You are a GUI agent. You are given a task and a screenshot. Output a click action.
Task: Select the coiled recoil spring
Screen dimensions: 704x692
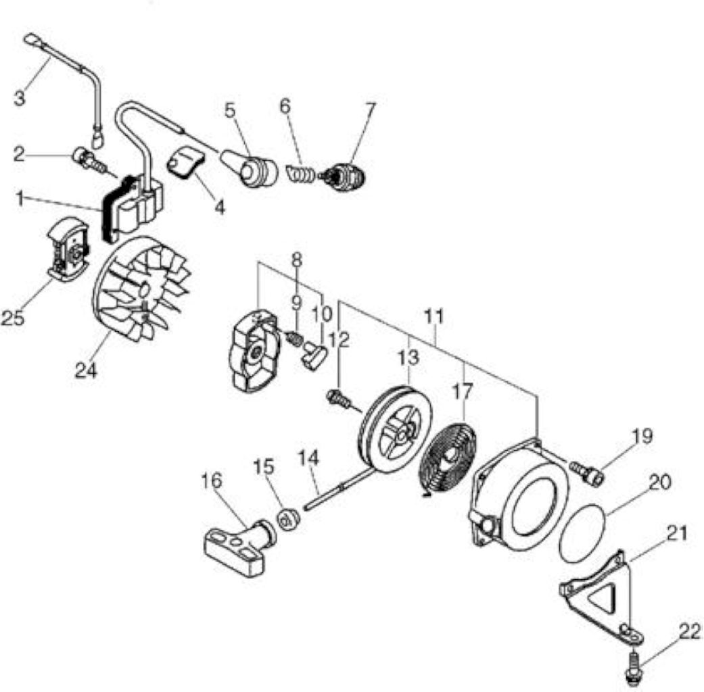[x=448, y=458]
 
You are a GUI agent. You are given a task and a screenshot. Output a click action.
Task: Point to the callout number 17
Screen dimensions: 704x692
[x=463, y=392]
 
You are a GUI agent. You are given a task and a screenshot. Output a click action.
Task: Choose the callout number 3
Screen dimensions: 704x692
[x=20, y=98]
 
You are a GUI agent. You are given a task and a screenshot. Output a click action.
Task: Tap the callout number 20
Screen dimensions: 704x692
[x=660, y=482]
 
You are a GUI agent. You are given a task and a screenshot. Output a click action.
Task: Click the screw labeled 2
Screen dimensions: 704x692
[x=90, y=162]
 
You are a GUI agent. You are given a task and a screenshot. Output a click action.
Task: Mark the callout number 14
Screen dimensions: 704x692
[x=309, y=458]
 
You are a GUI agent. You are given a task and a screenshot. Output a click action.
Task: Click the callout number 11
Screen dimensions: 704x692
[x=433, y=316]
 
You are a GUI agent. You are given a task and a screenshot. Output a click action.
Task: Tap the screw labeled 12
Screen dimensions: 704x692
[x=339, y=399]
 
